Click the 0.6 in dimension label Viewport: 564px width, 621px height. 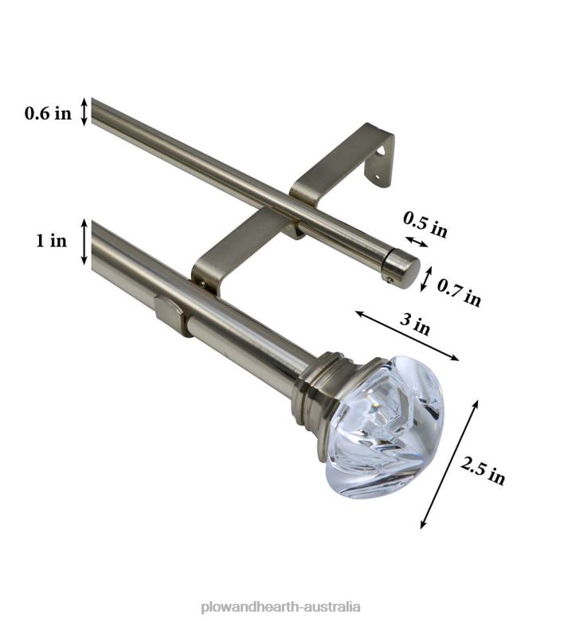[x=48, y=113]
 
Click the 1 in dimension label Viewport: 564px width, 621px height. [x=51, y=241]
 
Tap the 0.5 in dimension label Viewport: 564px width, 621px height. [x=425, y=224]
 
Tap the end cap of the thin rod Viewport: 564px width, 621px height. [x=401, y=269]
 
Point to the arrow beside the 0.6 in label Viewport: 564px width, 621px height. [x=84, y=112]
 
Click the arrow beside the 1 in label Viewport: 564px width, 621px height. [x=84, y=241]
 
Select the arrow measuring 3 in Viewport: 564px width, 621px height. [x=406, y=336]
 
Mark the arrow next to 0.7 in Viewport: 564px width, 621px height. [x=426, y=278]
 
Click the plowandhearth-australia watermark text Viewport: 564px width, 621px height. [x=281, y=606]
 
